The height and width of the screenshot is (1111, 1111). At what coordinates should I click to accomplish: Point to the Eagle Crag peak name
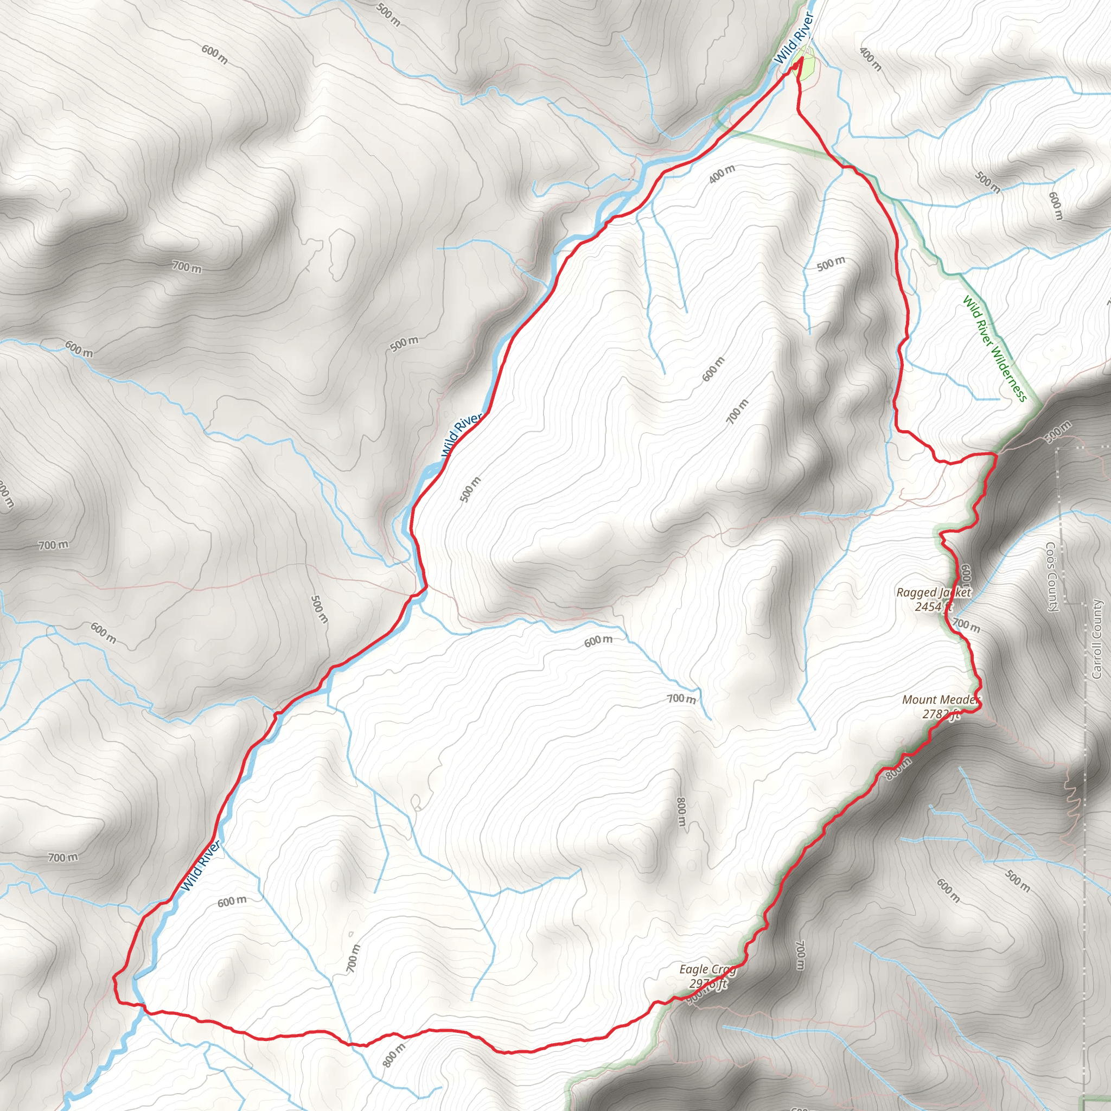click(707, 969)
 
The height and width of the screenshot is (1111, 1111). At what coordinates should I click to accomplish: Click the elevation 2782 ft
click(941, 714)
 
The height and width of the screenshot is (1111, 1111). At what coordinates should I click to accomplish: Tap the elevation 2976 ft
click(708, 984)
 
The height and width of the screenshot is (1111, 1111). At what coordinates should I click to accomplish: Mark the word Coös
click(1051, 554)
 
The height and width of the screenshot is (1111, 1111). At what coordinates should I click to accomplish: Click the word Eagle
click(694, 969)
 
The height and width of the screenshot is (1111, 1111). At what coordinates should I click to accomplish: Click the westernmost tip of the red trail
click(113, 976)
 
